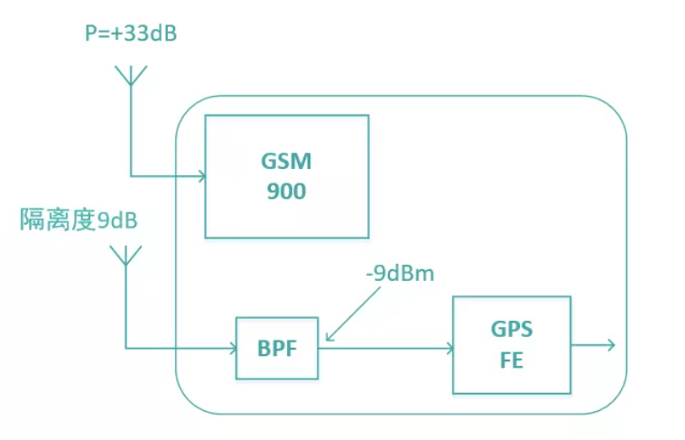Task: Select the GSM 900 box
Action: [x=286, y=176]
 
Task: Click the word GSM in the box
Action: [x=286, y=163]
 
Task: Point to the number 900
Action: [x=286, y=192]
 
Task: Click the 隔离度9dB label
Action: [x=80, y=220]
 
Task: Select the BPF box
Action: [x=277, y=347]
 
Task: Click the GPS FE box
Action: [x=511, y=344]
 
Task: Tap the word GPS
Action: [x=511, y=332]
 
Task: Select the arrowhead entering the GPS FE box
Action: [x=447, y=347]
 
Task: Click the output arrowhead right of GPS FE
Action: [x=610, y=344]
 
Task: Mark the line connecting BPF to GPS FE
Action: [x=384, y=347]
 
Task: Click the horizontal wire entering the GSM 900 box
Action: [x=168, y=175]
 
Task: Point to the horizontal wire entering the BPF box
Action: [x=181, y=347]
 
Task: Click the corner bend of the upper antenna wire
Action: [x=131, y=175]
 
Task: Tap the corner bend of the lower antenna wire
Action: [x=125, y=347]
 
